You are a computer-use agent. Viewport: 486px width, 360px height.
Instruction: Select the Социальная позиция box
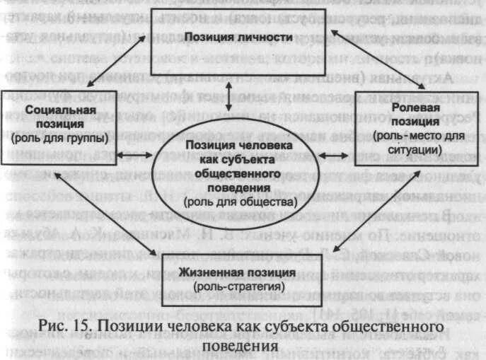tap(59, 124)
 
